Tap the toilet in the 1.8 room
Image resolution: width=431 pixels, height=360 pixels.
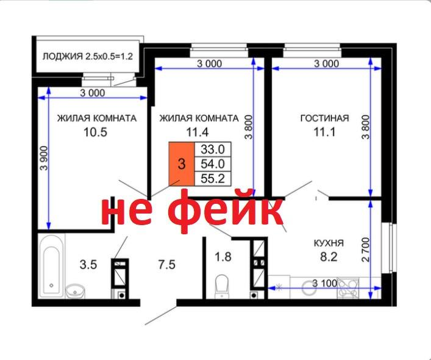[223, 284]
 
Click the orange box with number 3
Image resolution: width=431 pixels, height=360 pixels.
[181, 164]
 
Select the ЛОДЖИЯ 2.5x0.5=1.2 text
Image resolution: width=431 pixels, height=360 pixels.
[88, 57]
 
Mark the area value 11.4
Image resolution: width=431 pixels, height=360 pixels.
[198, 131]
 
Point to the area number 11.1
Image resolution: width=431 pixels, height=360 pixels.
[324, 131]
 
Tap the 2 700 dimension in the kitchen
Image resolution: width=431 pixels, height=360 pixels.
[365, 250]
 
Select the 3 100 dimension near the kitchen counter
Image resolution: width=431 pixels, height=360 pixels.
[324, 283]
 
